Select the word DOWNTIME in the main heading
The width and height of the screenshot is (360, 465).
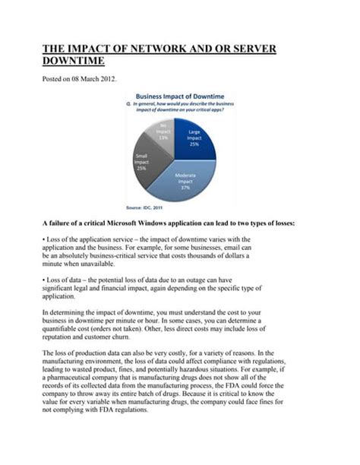[x=73, y=62]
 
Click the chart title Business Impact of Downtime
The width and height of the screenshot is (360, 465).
[x=178, y=96]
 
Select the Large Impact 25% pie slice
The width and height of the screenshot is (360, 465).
[x=197, y=141]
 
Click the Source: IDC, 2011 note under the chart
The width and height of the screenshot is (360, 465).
[x=145, y=207]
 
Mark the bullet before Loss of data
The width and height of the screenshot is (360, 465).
[x=43, y=280]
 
